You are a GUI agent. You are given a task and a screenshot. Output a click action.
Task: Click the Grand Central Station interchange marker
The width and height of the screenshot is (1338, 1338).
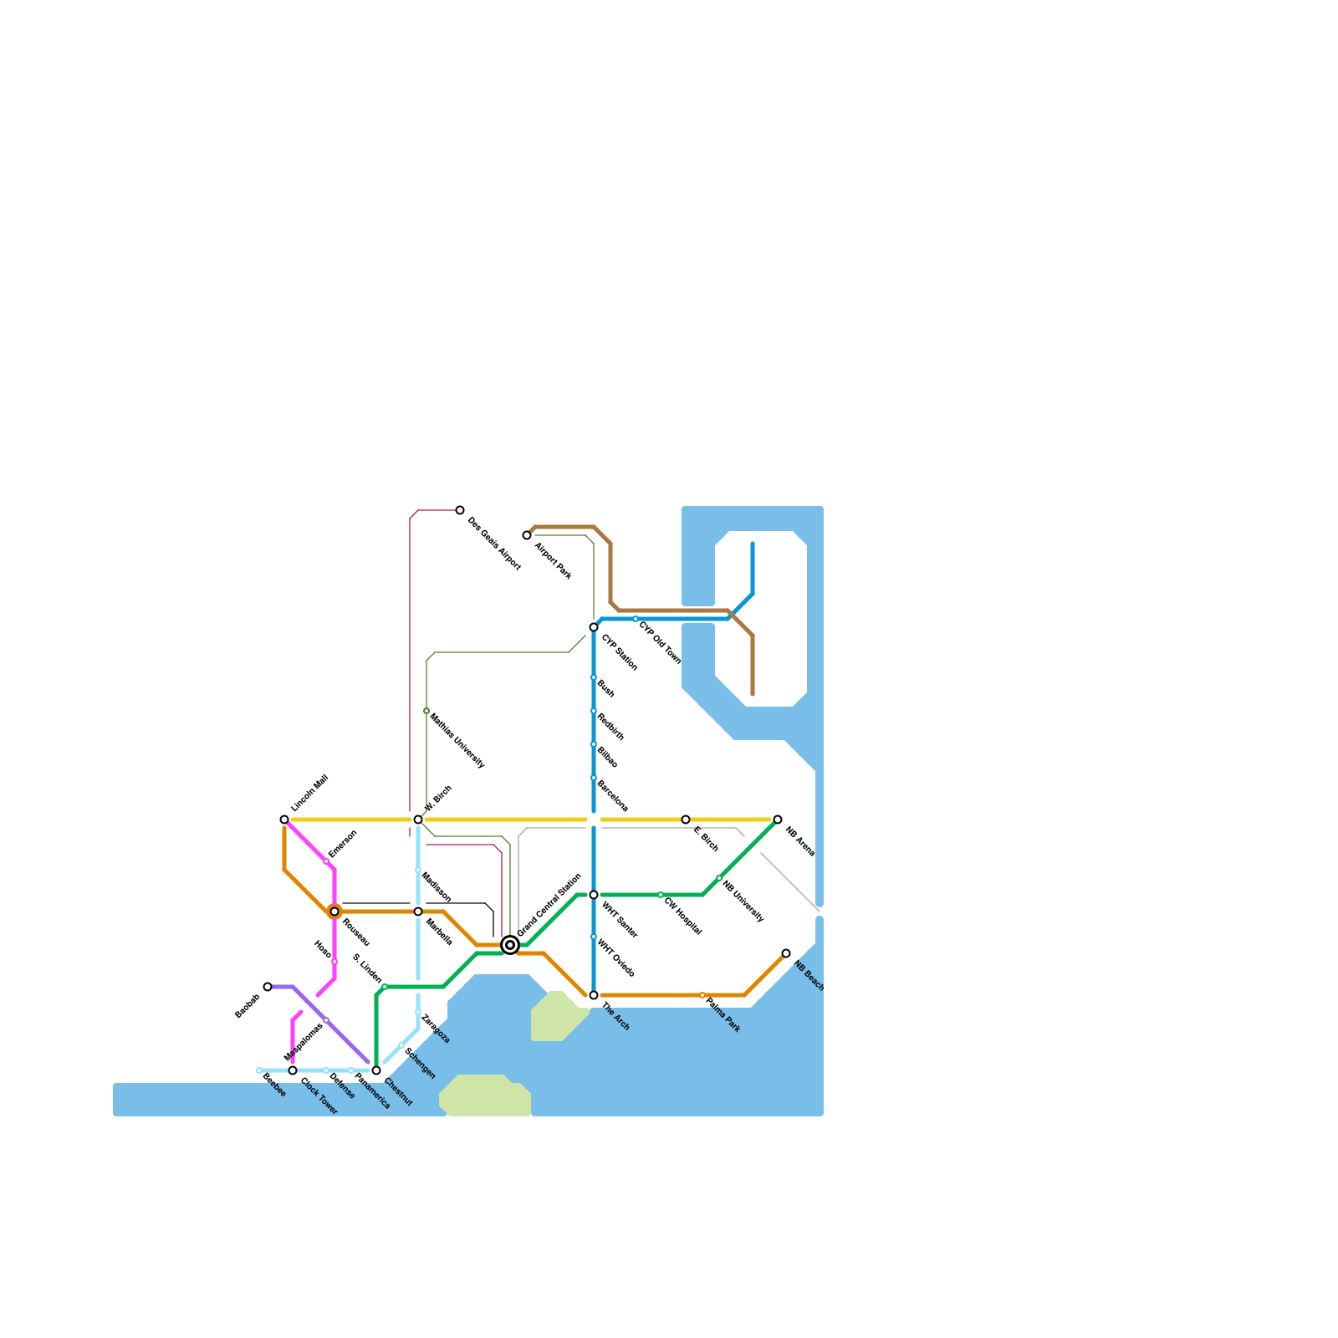click(x=510, y=945)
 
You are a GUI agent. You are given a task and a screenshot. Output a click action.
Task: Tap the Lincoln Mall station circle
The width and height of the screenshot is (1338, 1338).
click(x=284, y=820)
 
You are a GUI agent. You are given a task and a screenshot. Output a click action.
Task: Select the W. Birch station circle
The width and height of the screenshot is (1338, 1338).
click(x=418, y=820)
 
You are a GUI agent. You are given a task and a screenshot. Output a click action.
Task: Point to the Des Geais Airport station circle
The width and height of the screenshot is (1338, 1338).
click(x=460, y=510)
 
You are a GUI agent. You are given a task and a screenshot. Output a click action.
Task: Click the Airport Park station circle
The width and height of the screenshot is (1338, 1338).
click(x=527, y=535)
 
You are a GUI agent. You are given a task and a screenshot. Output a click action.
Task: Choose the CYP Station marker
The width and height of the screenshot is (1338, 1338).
click(x=594, y=627)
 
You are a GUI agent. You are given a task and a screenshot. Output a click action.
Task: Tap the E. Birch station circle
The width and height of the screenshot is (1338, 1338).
click(x=686, y=820)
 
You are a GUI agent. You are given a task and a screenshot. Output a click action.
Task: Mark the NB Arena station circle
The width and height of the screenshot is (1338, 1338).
click(x=778, y=820)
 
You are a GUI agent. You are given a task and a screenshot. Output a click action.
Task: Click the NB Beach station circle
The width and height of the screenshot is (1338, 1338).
click(x=786, y=953)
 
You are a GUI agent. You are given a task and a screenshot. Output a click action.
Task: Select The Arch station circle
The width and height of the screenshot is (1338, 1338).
click(x=594, y=995)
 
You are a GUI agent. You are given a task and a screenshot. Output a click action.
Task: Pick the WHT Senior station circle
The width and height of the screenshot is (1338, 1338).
click(x=594, y=895)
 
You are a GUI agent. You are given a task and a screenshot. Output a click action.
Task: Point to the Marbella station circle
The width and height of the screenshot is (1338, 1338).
click(x=418, y=912)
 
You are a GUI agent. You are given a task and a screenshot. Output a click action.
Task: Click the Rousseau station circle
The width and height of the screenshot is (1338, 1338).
click(x=334, y=912)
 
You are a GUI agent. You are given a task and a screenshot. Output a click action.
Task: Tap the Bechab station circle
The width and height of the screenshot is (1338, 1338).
click(x=268, y=987)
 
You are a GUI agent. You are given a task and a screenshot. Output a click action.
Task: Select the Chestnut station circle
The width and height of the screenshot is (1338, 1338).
click(x=376, y=1070)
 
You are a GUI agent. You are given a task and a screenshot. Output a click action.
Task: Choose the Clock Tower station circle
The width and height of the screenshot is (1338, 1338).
click(x=293, y=1070)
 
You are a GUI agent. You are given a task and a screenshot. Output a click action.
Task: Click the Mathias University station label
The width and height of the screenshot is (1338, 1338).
click(x=457, y=740)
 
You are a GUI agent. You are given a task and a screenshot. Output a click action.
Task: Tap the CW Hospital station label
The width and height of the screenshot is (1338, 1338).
click(x=682, y=916)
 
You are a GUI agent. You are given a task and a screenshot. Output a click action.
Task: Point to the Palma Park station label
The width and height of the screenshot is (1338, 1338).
click(x=723, y=1014)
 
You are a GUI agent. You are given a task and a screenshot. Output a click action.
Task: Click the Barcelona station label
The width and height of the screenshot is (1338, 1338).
click(x=612, y=795)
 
